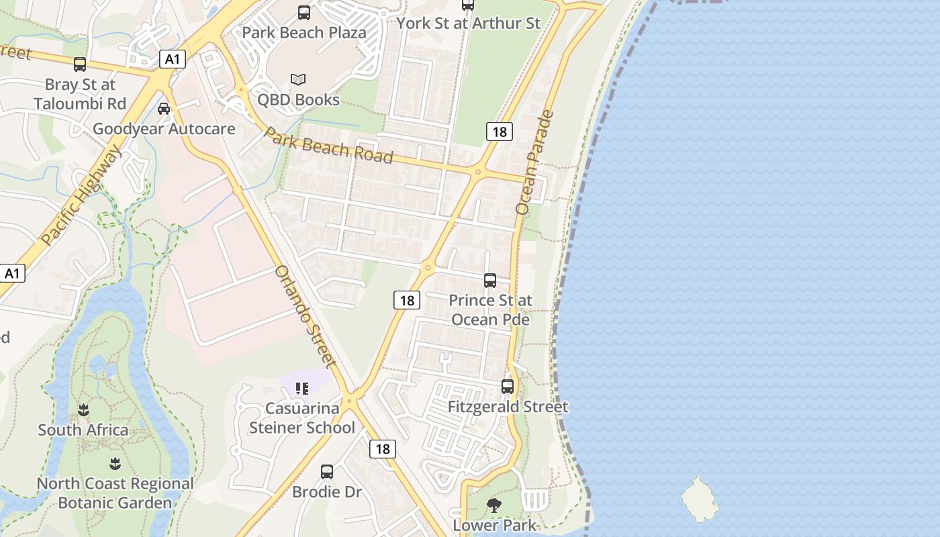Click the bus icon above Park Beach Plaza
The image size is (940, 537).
tap(304, 13)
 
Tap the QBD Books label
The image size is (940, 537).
tap(299, 99)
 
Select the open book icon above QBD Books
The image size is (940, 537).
tap(298, 79)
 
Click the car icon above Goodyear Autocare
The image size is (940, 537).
tap(163, 108)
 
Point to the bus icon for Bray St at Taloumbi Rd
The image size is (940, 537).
tap(80, 64)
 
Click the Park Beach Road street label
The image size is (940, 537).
tap(328, 145)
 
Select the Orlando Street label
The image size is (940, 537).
tap(306, 316)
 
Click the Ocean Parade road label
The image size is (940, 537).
tap(535, 162)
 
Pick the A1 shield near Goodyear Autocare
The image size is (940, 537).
tap(173, 60)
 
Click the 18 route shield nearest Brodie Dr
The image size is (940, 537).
tap(382, 449)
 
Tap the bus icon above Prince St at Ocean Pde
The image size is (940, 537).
tap(490, 281)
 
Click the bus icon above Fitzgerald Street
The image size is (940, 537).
tap(508, 387)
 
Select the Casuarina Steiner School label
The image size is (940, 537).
tap(302, 418)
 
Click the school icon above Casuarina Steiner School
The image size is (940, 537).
tap(302, 388)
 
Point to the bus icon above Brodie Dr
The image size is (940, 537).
tap(327, 471)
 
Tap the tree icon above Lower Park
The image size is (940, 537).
tap(494, 505)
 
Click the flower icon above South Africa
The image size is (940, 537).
tap(83, 409)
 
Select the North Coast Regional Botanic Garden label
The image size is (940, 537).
tap(115, 493)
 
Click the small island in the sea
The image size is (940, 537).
tap(700, 499)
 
